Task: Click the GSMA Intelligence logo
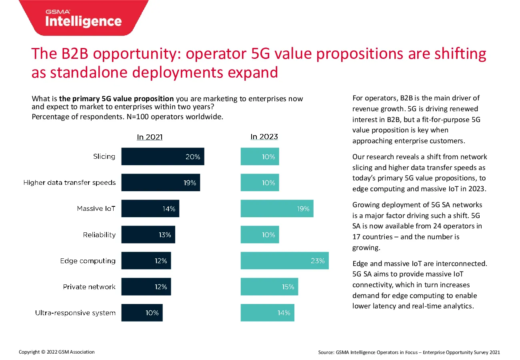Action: click(84, 18)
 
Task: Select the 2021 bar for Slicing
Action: click(163, 156)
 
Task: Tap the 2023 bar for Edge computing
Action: click(285, 260)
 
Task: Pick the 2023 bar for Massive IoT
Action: click(277, 208)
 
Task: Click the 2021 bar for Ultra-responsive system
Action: click(142, 313)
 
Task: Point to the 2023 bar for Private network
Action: click(269, 287)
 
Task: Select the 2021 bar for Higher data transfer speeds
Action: click(161, 182)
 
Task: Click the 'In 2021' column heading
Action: click(150, 137)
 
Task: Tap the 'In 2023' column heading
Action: click(264, 137)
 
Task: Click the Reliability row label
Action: click(99, 235)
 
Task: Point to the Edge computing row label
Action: click(88, 261)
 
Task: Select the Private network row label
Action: click(89, 287)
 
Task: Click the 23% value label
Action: click(318, 261)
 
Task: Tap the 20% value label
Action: click(193, 157)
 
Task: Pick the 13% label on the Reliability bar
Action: click(165, 235)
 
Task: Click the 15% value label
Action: click(288, 287)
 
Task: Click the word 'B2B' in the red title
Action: click(75, 54)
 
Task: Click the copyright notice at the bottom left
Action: click(57, 352)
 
